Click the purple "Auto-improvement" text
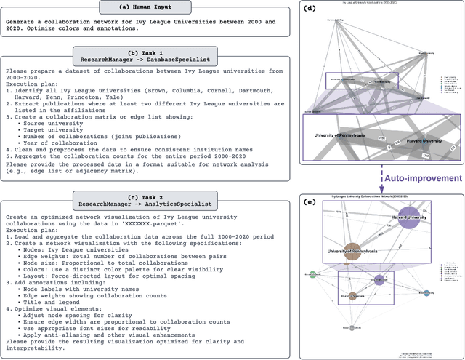click(x=423, y=177)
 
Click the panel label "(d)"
click(x=312, y=9)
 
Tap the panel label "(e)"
click(x=312, y=200)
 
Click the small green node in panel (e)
click(x=311, y=275)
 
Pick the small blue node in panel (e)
click(x=426, y=292)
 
